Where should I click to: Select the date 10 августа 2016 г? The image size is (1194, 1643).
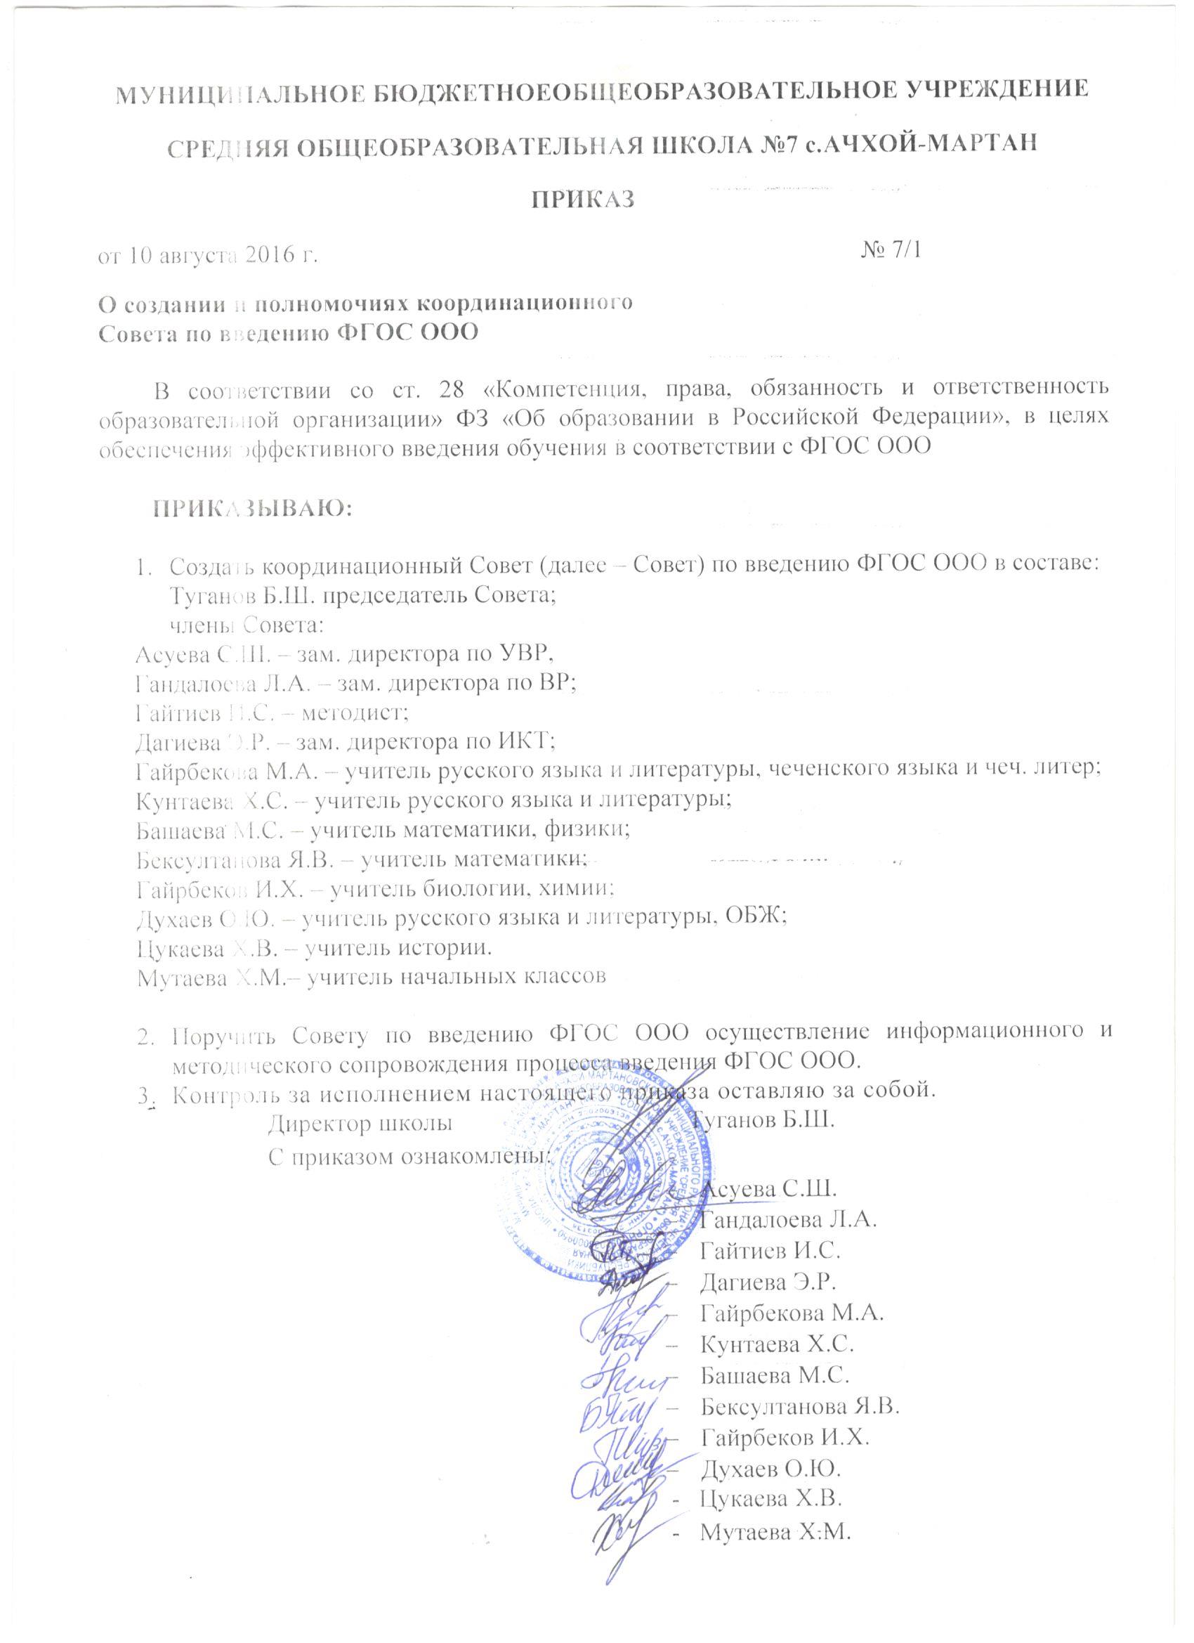coord(224,256)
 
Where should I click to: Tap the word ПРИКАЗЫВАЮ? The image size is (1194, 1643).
coord(251,508)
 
